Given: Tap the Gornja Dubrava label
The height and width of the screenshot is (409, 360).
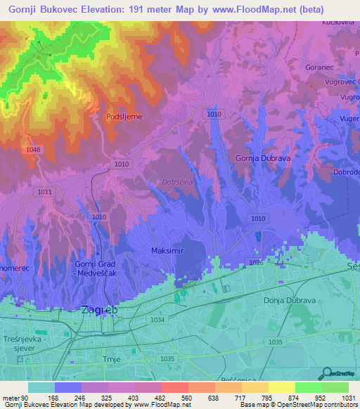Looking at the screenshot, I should coord(263,159).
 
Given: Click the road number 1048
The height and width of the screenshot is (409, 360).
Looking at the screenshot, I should coord(32,150).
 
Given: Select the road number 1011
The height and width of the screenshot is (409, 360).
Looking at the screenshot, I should coord(45,192).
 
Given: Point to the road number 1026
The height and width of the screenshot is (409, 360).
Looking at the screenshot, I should coord(256,263).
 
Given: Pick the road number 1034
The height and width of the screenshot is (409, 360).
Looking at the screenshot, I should coord(157,320).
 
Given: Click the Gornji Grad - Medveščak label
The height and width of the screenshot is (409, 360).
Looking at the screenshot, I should coord(80,268).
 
